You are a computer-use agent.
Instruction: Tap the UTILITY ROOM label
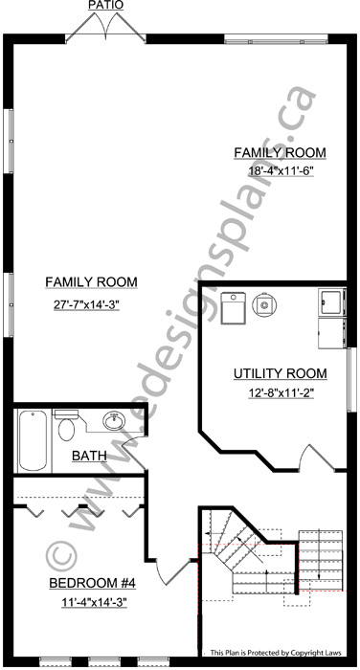click(280, 373)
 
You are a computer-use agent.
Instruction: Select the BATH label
click(89, 456)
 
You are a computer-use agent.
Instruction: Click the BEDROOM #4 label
click(92, 583)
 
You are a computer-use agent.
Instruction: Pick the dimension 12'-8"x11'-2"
click(281, 392)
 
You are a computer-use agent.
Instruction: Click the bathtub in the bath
click(33, 440)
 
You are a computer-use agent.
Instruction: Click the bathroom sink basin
click(114, 421)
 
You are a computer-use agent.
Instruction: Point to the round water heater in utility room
click(264, 304)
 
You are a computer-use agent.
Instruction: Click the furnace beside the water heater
click(233, 308)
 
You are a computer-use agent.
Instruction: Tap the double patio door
click(105, 28)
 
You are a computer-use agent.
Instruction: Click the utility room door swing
click(319, 458)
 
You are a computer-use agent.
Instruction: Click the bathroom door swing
click(133, 452)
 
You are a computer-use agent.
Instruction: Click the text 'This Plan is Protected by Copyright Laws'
click(276, 653)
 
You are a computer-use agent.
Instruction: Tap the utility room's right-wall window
click(351, 379)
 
